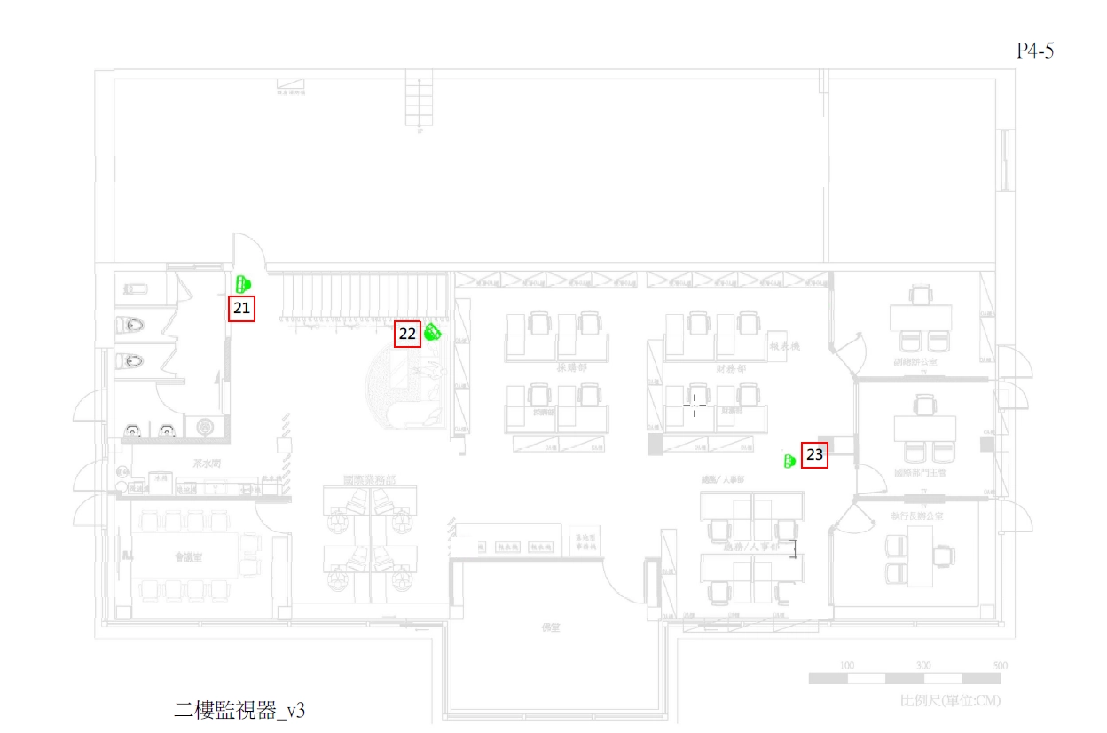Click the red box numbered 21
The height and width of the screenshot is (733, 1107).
click(241, 309)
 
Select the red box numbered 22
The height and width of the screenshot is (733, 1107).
click(408, 335)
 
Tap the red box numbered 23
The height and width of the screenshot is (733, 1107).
click(814, 455)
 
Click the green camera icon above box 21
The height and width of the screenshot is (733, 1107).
click(244, 284)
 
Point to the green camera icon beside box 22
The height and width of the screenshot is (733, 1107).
click(433, 333)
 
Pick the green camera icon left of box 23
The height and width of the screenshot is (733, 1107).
click(789, 461)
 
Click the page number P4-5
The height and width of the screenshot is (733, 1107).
click(1034, 51)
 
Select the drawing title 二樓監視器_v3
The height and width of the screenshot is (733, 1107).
click(239, 710)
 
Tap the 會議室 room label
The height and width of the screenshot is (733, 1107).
click(189, 557)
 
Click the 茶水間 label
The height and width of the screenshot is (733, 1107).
click(207, 463)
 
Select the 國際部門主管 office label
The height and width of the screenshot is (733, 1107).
click(920, 473)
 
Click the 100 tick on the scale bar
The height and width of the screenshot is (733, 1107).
click(847, 666)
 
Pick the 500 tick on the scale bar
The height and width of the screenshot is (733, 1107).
click(1000, 666)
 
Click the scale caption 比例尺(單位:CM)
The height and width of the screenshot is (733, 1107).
click(950, 701)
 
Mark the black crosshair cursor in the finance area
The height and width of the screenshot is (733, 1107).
click(695, 406)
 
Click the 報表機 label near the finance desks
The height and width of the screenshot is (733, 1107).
click(785, 344)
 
